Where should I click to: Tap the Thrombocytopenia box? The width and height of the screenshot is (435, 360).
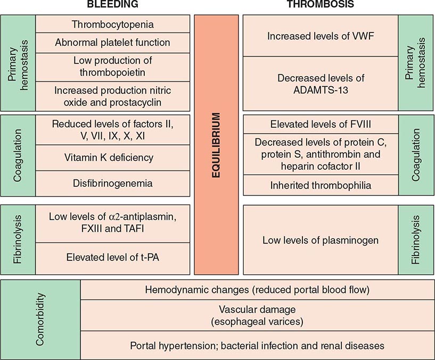click(x=112, y=24)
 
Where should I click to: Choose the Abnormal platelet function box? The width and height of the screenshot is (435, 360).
click(x=112, y=43)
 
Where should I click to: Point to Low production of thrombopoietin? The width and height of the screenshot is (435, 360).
click(x=112, y=67)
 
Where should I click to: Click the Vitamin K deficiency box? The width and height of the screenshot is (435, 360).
click(x=112, y=158)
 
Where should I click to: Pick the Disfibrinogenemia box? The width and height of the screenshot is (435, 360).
click(x=112, y=183)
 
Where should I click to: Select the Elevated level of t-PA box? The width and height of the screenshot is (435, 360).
click(x=112, y=258)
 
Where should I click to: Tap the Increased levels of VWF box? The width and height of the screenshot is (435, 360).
click(x=321, y=36)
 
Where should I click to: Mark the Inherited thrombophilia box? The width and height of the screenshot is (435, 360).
click(x=321, y=186)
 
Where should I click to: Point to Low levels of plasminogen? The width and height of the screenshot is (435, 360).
click(x=321, y=240)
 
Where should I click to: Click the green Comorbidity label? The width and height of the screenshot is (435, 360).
click(x=41, y=318)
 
